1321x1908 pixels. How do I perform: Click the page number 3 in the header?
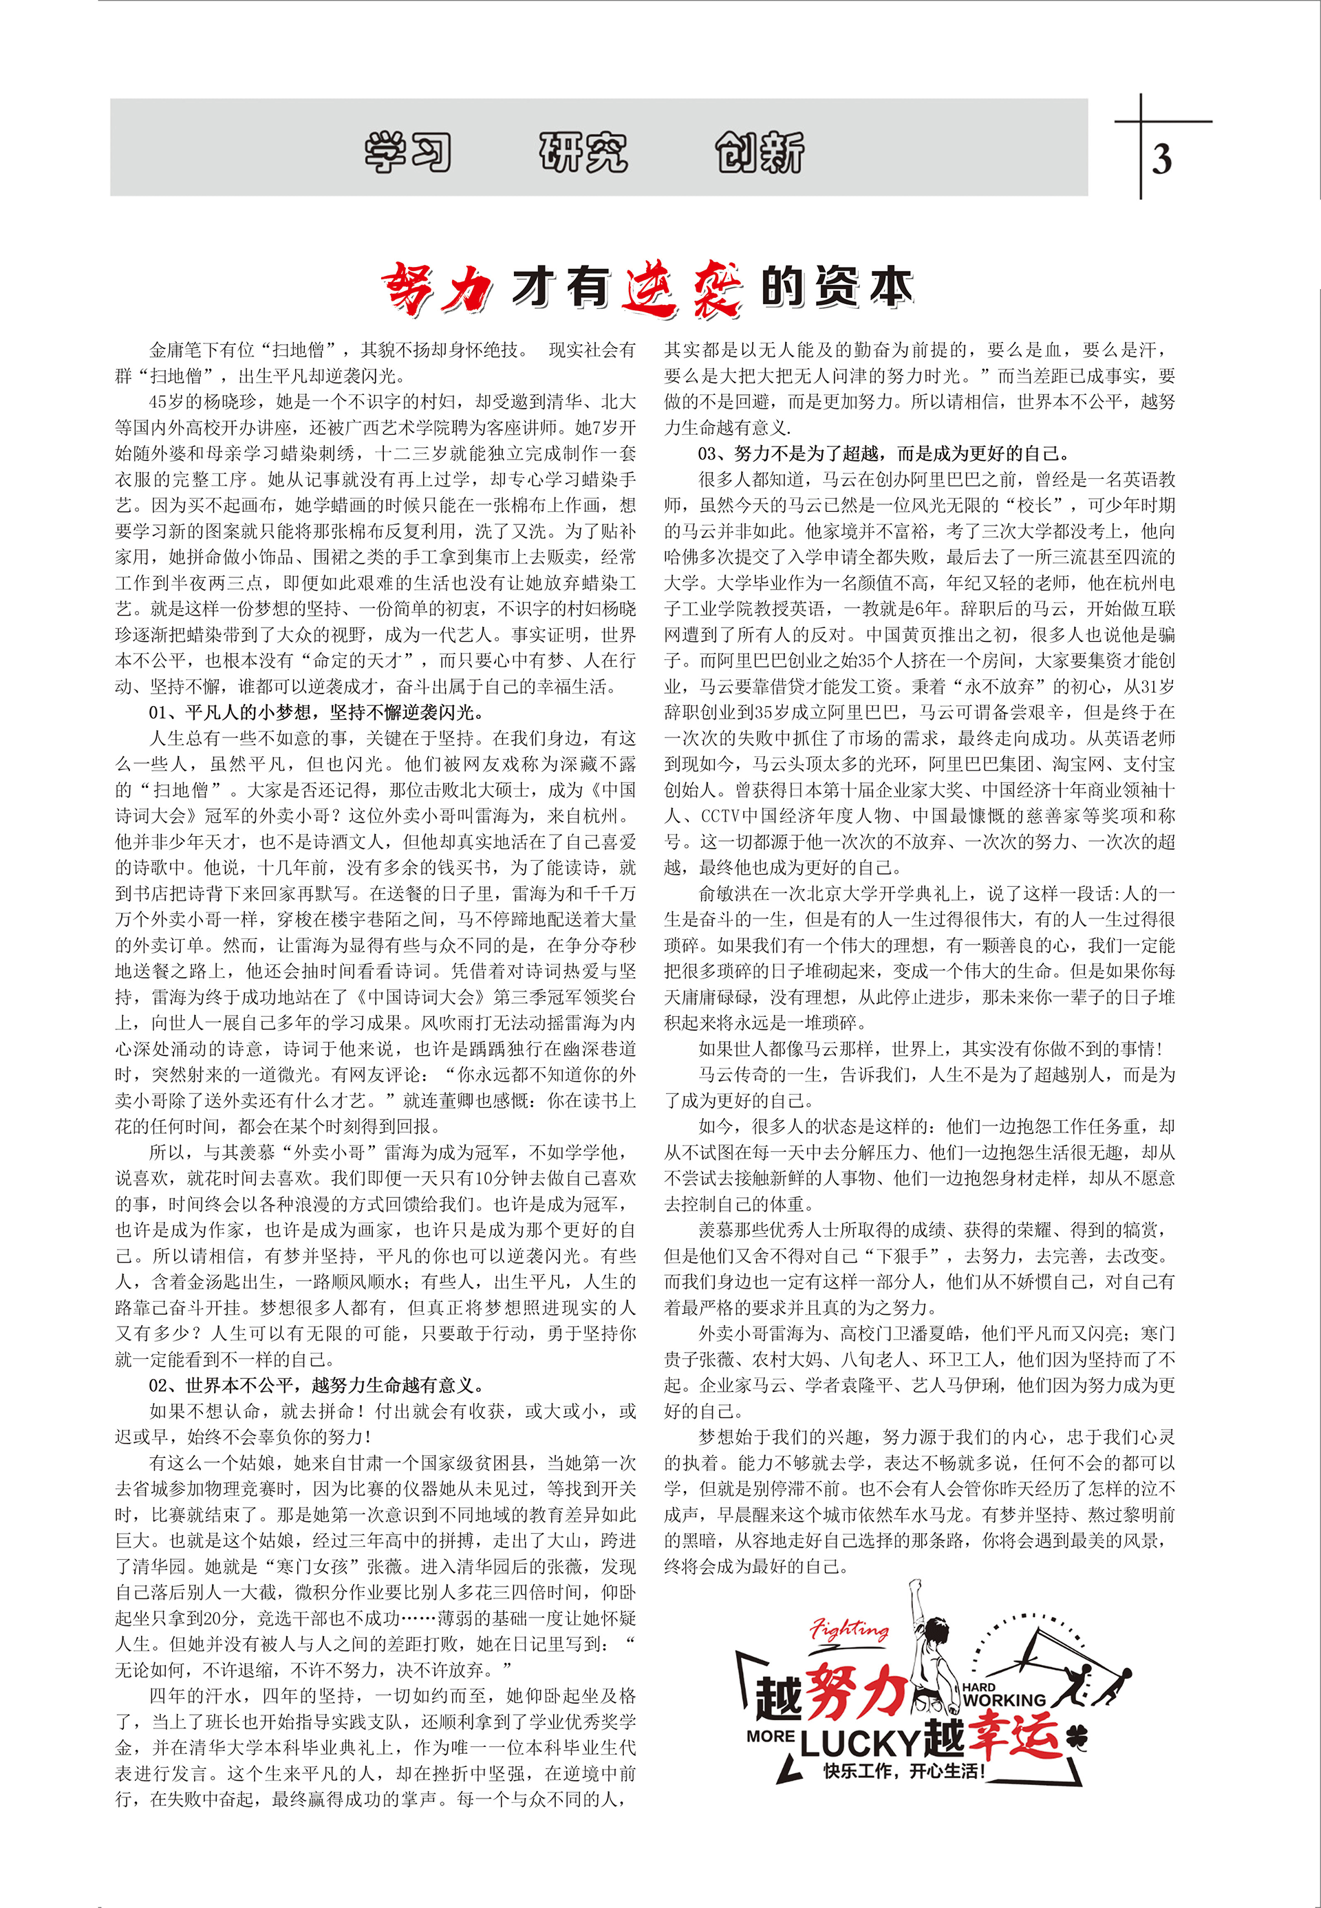point(1161,159)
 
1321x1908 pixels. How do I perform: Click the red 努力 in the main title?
point(436,290)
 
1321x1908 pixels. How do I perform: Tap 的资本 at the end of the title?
point(837,288)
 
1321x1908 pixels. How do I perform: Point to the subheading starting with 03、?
point(884,453)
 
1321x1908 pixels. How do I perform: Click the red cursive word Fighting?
point(849,1630)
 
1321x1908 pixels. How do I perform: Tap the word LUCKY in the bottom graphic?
point(860,1744)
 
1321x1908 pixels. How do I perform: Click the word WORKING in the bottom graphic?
point(1004,1700)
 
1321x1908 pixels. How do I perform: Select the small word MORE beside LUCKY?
point(771,1736)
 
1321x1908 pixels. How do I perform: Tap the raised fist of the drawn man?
point(914,1586)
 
